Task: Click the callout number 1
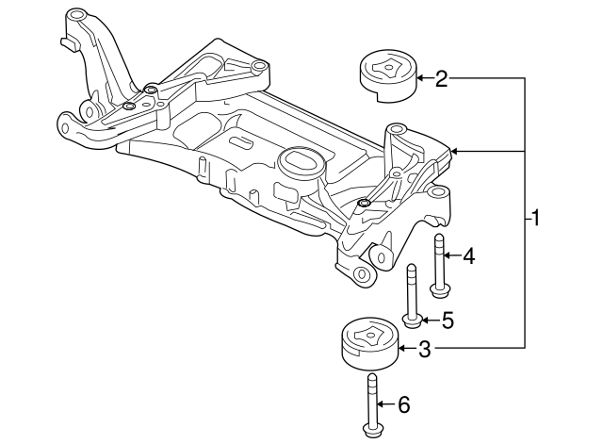(x=535, y=221)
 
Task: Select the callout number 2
(x=441, y=79)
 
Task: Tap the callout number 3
(x=425, y=350)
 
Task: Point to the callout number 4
(x=468, y=255)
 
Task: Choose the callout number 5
(x=448, y=321)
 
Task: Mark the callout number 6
(x=404, y=405)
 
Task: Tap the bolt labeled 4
(x=439, y=264)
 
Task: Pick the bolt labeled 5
(x=412, y=294)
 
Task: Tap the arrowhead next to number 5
(x=426, y=321)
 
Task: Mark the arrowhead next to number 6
(x=383, y=405)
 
